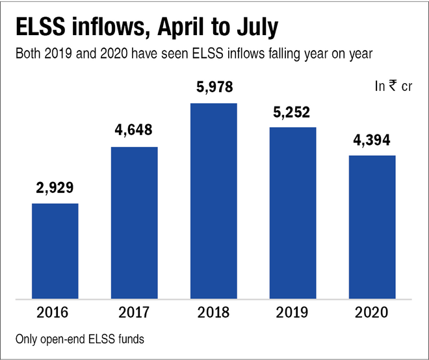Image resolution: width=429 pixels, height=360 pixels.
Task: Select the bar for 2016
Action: click(55, 251)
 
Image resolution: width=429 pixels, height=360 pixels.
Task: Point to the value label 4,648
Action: click(135, 130)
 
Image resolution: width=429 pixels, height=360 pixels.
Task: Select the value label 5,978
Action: click(214, 86)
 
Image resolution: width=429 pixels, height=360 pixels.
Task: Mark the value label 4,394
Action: click(372, 139)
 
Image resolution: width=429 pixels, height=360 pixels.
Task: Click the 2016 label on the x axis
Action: click(55, 313)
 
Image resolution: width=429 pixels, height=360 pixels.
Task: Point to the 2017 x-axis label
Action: click(135, 313)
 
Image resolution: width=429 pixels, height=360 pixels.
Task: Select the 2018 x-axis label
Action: click(214, 313)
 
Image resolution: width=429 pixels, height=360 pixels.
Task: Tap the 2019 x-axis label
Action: click(293, 313)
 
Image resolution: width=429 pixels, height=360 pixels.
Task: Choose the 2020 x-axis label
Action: click(372, 313)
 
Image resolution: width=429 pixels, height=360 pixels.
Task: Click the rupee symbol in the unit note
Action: click(393, 86)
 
